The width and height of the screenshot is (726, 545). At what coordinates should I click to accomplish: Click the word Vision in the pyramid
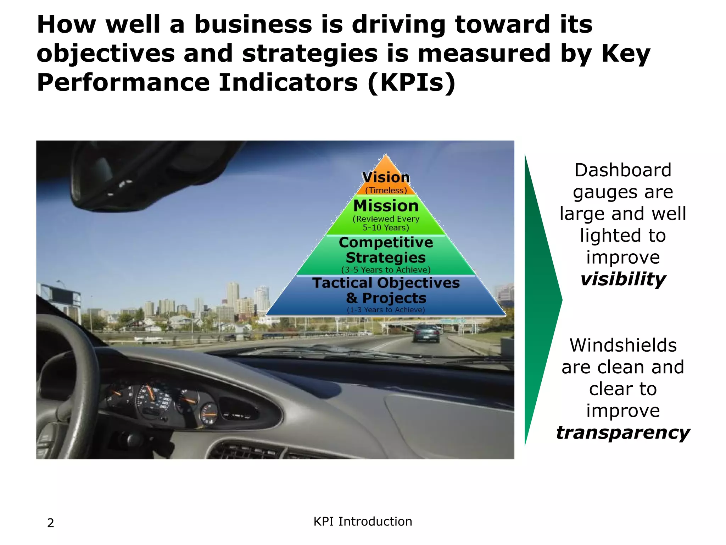point(386,177)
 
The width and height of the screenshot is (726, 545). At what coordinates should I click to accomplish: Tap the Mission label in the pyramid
point(386,206)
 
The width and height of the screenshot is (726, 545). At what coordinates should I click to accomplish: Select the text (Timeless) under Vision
point(386,191)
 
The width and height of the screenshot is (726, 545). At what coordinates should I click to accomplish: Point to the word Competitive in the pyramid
point(386,242)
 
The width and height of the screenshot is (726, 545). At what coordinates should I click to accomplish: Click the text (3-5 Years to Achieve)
point(386,270)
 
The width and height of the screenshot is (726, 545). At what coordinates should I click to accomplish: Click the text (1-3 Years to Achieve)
point(386,310)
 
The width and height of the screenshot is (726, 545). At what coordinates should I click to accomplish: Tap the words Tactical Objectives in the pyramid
point(386,283)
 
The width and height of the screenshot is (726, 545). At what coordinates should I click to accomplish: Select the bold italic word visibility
point(623,279)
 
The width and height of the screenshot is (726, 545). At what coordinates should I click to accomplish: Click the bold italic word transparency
point(623,433)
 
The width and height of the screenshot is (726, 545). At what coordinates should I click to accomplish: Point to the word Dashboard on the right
point(623,170)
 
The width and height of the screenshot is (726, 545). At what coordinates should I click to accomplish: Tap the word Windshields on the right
point(623,345)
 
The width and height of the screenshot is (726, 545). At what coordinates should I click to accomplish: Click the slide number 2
point(51,523)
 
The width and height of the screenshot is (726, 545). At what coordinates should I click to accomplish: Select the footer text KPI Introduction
point(363,522)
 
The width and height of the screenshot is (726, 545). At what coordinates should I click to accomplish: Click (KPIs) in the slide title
point(411,82)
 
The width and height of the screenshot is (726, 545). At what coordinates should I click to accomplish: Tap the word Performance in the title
point(123,82)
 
